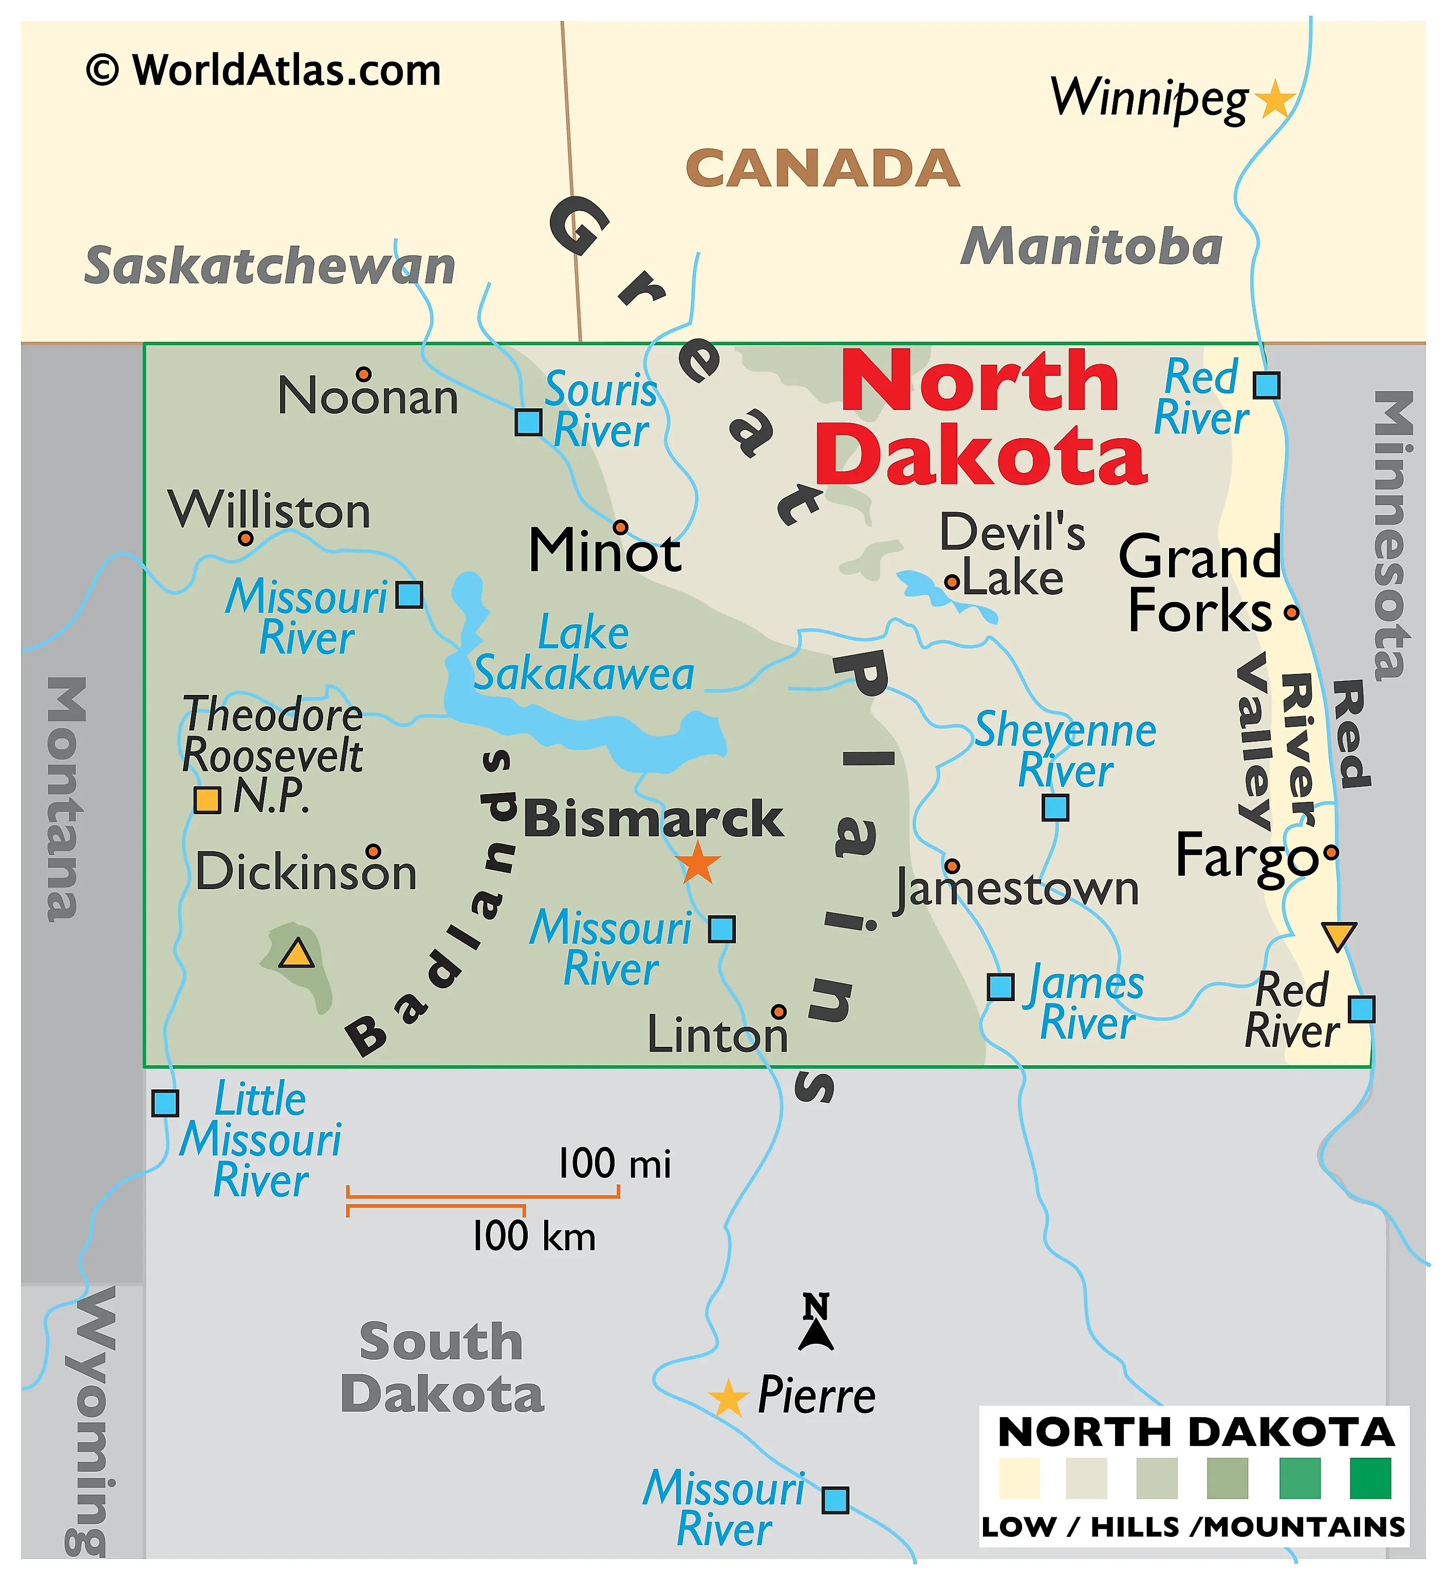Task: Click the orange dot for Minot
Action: pyautogui.click(x=620, y=526)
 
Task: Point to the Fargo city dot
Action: pyautogui.click(x=1330, y=852)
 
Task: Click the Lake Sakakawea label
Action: pyautogui.click(x=584, y=654)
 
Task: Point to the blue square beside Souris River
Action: pyautogui.click(x=528, y=422)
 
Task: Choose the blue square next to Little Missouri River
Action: pyautogui.click(x=164, y=1103)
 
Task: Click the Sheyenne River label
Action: pyautogui.click(x=1065, y=750)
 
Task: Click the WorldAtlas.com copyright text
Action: pyautogui.click(x=264, y=70)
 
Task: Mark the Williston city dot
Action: pyautogui.click(x=245, y=538)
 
